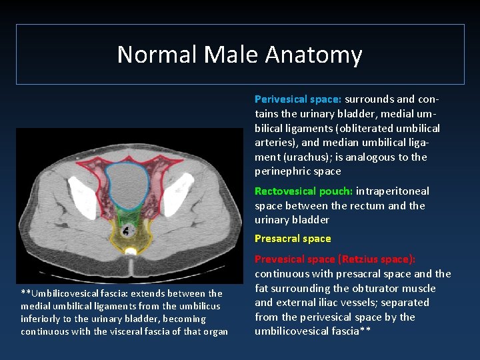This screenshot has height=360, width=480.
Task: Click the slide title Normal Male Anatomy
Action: pyautogui.click(x=239, y=55)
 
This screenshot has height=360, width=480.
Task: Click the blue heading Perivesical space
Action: pyautogui.click(x=298, y=99)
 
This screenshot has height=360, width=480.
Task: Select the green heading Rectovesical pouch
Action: pyautogui.click(x=303, y=191)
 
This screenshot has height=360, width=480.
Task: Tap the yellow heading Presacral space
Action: pyautogui.click(x=293, y=239)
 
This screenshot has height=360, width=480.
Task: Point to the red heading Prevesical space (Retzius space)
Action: pyautogui.click(x=335, y=259)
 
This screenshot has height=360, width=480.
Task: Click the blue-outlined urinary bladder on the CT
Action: pyautogui.click(x=129, y=186)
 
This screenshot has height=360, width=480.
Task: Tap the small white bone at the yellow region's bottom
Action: pyautogui.click(x=131, y=251)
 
